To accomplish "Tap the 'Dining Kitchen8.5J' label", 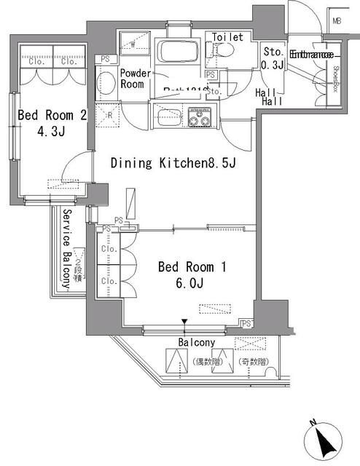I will click(x=173, y=163).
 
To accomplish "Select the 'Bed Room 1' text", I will click(x=192, y=267).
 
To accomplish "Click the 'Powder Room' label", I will click(x=135, y=79).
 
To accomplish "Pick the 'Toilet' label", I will click(x=227, y=37).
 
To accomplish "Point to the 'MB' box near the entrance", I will click(x=337, y=21).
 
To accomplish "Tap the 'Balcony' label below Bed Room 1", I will click(x=195, y=342).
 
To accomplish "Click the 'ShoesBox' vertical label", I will click(x=337, y=79).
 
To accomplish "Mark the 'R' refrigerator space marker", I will click(x=109, y=116).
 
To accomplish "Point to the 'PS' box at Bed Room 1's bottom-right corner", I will click(x=247, y=323).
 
